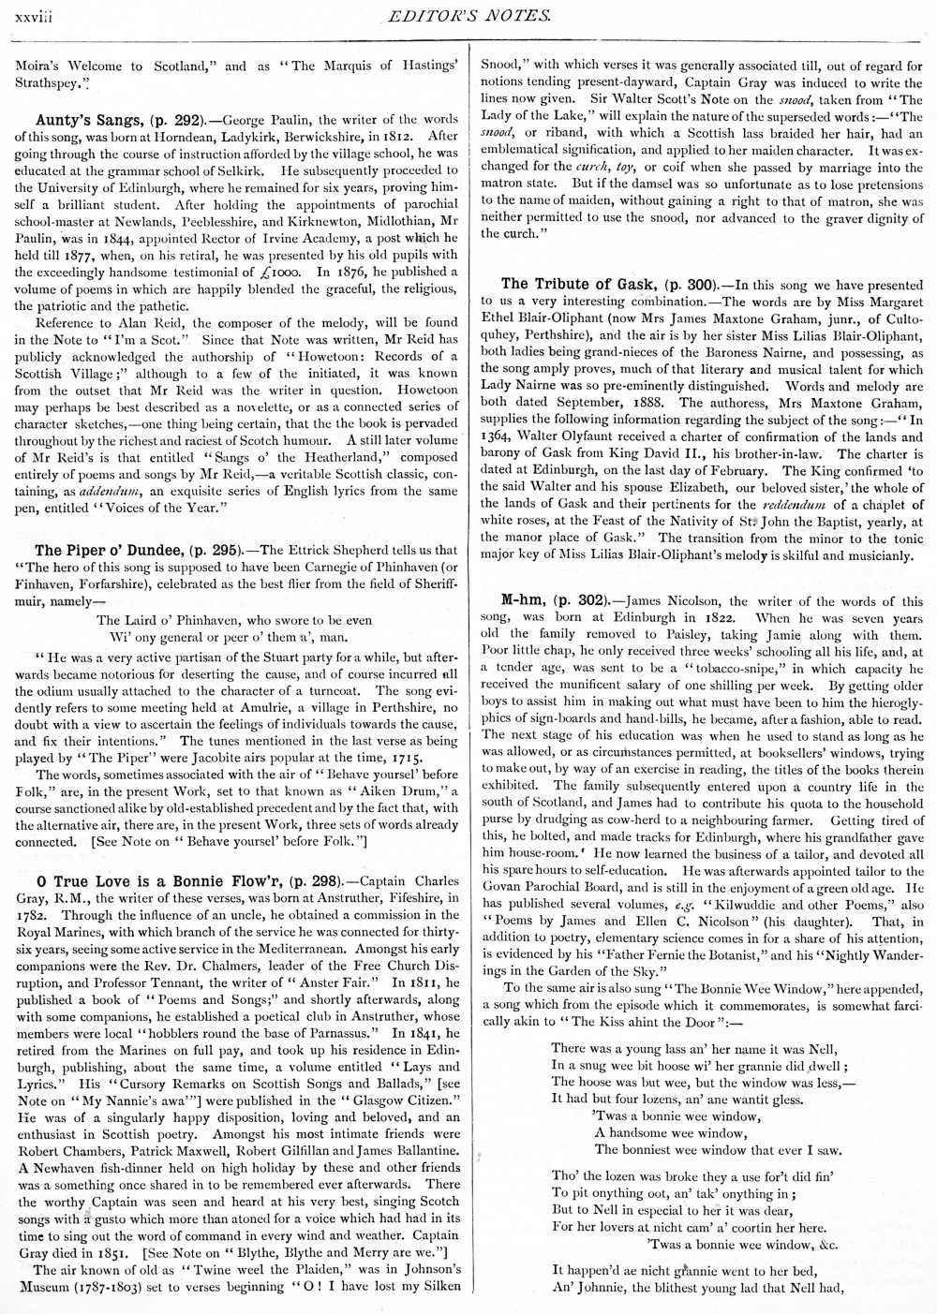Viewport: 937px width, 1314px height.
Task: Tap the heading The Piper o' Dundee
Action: click(109, 550)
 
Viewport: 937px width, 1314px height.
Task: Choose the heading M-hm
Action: click(523, 601)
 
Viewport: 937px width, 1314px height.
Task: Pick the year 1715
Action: click(402, 757)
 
